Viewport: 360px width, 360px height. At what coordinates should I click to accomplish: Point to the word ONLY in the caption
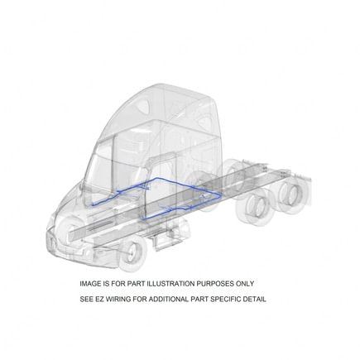247,283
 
